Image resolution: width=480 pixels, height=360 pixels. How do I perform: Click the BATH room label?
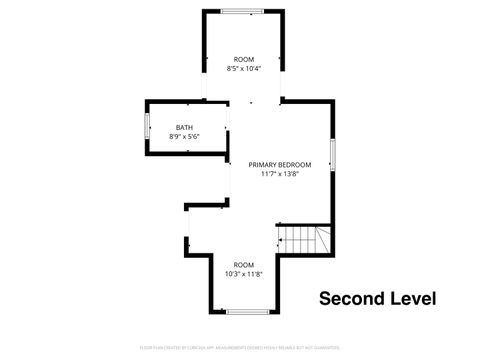click(x=184, y=127)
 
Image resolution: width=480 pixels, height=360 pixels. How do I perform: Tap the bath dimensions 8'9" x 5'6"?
click(x=184, y=136)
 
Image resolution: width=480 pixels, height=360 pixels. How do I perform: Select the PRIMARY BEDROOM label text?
click(x=280, y=164)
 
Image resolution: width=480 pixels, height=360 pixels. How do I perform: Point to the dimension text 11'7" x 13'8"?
click(x=280, y=173)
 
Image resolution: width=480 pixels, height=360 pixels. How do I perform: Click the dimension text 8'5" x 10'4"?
click(x=244, y=69)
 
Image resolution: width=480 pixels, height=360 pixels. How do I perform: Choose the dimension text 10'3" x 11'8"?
click(x=244, y=273)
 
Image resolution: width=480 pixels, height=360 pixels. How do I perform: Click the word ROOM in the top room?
click(x=244, y=60)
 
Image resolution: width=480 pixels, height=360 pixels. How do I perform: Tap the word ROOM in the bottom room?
click(x=244, y=264)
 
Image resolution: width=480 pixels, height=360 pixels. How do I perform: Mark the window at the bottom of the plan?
click(x=247, y=312)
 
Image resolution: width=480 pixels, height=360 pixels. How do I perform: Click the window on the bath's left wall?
click(x=147, y=127)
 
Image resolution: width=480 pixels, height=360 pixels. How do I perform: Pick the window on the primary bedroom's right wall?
click(x=332, y=156)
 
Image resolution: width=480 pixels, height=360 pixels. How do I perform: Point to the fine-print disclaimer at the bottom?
click(x=240, y=347)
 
